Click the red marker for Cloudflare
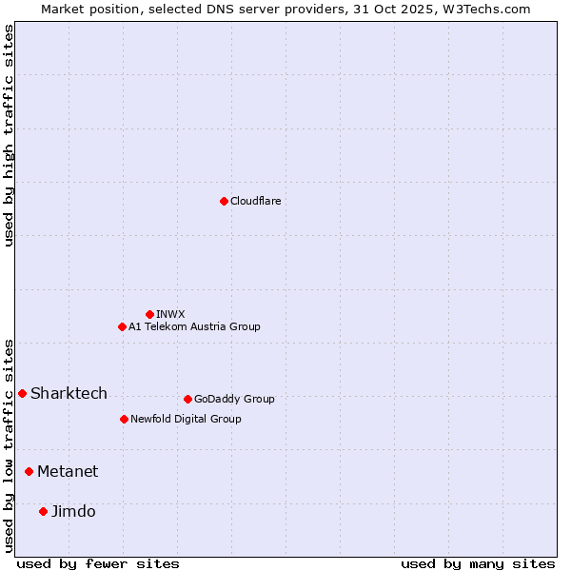[224, 201]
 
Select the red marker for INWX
[149, 314]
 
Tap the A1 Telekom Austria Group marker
[122, 326]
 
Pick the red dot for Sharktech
[22, 393]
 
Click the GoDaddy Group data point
[187, 399]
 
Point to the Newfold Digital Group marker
[124, 419]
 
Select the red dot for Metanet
[29, 471]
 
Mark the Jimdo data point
[43, 511]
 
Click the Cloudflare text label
[255, 201]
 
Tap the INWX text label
[170, 314]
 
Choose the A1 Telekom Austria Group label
[194, 326]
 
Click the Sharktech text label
[69, 393]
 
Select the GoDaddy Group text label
[234, 399]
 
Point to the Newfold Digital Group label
[186, 419]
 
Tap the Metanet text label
[68, 471]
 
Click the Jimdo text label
[73, 511]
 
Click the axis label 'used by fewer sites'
[98, 563]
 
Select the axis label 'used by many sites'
[478, 563]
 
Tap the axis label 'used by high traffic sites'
[9, 136]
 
